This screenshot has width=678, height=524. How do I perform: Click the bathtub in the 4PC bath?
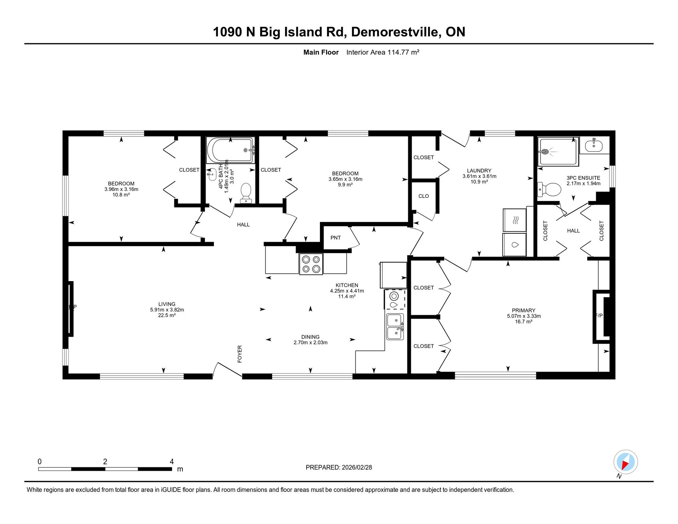pos(230,150)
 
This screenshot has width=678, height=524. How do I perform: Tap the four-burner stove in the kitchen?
pos(311,264)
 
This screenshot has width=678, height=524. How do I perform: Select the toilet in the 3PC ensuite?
pos(549,190)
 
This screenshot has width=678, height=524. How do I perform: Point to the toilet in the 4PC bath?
pos(246,193)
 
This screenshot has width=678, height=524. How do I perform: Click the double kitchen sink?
pos(395,327)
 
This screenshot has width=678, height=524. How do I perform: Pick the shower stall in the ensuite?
pos(558,151)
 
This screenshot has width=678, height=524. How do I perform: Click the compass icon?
pos(625,462)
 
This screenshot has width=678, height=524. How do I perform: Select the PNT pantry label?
pos(336,238)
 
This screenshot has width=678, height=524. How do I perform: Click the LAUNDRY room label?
pos(479,171)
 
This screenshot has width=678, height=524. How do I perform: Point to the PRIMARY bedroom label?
pos(524,310)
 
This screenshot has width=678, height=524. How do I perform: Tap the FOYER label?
pos(240,354)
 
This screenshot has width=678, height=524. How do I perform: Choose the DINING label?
pos(310,337)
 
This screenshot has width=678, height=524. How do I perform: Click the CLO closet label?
pos(424,196)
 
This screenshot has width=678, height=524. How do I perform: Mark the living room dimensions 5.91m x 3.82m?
pos(167,310)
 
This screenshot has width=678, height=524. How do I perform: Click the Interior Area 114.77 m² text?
pos(383,52)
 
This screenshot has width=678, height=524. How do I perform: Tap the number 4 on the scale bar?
pos(172,462)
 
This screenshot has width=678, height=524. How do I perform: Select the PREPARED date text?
pos(339,467)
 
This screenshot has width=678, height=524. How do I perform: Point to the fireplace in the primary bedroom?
pos(602,317)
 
